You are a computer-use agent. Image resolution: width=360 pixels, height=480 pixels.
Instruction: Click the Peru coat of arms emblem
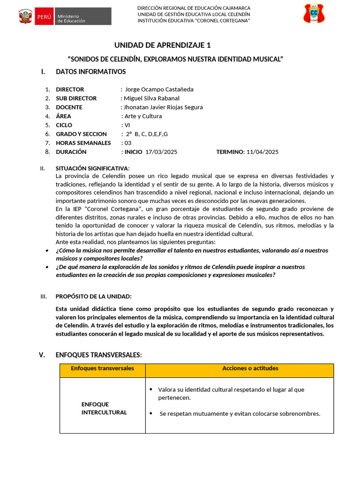[24, 16]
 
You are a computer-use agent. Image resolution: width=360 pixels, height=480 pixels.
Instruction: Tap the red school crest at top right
[314, 14]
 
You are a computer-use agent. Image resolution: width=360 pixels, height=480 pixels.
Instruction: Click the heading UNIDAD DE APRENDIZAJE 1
[163, 45]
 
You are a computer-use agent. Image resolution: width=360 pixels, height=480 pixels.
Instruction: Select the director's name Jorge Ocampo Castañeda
[159, 89]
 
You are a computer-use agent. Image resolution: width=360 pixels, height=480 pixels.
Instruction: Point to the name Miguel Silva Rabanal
[151, 98]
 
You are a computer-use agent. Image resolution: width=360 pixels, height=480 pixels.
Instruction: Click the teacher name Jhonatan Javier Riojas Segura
[163, 107]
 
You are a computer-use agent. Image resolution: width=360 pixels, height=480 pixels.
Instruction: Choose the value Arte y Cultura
[143, 116]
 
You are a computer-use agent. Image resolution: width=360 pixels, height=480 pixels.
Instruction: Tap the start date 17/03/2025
[162, 151]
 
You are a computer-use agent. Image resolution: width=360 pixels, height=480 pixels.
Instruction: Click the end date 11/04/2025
[262, 151]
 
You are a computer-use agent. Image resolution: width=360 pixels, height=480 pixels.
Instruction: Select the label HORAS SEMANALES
[83, 142]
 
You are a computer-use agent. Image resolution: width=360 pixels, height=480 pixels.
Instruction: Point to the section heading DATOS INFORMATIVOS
[90, 72]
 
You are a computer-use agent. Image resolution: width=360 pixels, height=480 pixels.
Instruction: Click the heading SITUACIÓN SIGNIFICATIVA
[92, 168]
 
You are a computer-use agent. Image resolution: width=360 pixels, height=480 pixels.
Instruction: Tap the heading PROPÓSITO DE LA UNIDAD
[94, 296]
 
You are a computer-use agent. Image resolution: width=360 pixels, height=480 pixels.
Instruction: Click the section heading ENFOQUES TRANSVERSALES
[98, 355]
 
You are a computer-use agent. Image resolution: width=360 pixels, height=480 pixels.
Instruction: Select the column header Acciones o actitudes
[250, 368]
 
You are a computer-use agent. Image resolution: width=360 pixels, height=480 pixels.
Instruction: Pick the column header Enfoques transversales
[102, 368]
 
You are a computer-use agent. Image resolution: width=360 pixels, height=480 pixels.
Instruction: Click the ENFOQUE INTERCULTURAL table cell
[104, 408]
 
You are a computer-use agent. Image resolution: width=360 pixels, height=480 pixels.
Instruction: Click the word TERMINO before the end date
[230, 151]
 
